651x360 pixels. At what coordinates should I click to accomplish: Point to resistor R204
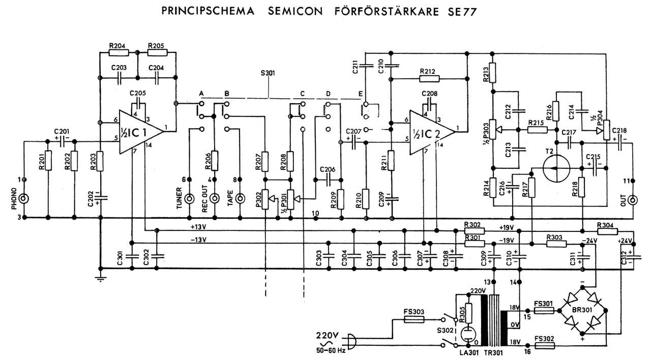pyautogui.click(x=118, y=52)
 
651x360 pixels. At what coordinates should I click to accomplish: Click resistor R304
pyautogui.click(x=605, y=231)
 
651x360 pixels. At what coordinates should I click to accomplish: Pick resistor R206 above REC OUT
pyautogui.click(x=214, y=161)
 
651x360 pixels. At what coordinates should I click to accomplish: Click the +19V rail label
pyautogui.click(x=507, y=227)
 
